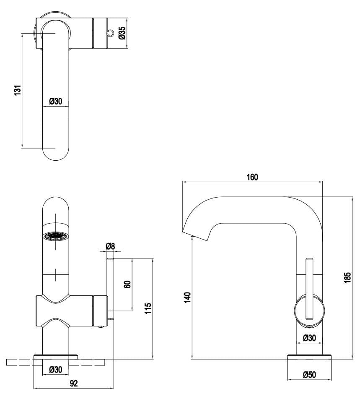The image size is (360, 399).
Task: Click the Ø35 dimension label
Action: point(122,33)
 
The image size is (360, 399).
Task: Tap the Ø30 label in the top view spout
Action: point(56,101)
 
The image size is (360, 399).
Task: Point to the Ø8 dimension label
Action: point(110,246)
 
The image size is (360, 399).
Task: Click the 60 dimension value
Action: point(128,284)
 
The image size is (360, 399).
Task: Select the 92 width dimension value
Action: point(74,383)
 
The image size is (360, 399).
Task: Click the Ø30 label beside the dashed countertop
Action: point(56,370)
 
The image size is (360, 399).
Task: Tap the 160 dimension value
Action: point(252,177)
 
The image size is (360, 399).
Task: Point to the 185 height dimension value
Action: point(347,277)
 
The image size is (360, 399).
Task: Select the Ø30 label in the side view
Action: point(309,338)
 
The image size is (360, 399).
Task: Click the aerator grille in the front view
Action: point(55,237)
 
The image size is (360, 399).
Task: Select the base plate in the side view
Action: point(309,357)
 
